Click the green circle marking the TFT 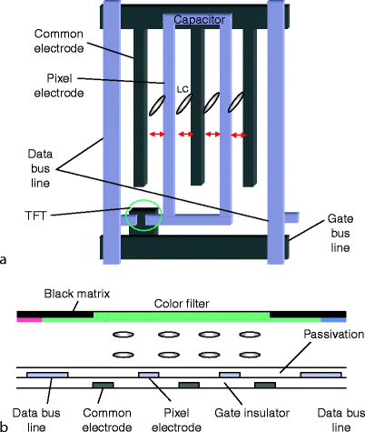[144, 216]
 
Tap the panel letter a [5, 260]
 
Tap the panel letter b [5, 425]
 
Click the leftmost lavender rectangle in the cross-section [46, 374]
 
